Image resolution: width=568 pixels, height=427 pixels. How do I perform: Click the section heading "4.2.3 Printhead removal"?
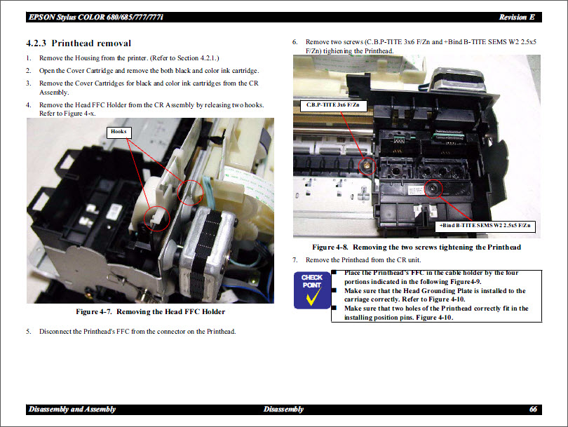[78, 43]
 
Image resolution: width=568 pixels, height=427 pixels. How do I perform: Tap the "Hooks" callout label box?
[118, 131]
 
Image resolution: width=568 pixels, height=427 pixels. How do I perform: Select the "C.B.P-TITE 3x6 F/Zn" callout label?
[332, 105]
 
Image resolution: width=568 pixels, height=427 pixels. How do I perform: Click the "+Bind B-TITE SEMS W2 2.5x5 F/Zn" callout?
[486, 226]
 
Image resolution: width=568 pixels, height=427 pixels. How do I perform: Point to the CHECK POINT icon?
[311, 289]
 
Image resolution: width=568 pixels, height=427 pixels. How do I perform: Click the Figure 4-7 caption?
[150, 312]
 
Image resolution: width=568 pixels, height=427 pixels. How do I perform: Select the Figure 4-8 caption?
[417, 248]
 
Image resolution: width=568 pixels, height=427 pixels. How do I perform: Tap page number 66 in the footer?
[533, 409]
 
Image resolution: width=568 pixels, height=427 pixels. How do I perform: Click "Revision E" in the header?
[517, 17]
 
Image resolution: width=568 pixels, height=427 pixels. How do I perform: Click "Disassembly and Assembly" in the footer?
[72, 409]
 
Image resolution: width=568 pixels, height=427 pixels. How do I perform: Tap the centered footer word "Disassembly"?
[283, 409]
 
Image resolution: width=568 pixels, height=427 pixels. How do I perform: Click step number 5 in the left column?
[29, 332]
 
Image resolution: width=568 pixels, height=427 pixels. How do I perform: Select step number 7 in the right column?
[295, 260]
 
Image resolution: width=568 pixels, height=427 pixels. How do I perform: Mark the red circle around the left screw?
[365, 166]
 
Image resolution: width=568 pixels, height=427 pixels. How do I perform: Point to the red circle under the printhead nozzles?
[433, 188]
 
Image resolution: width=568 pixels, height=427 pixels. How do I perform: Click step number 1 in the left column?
[29, 58]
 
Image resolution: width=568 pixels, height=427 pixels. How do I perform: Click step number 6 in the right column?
[295, 42]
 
